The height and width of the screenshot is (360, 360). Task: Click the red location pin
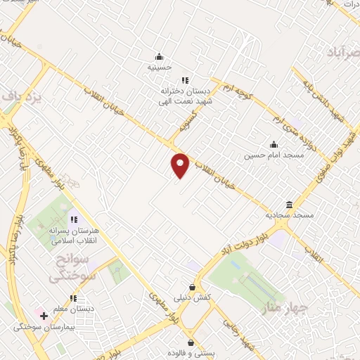pos(181,165)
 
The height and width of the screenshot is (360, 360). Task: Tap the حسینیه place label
pos(159,67)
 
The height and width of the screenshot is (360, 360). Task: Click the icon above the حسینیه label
pos(159,57)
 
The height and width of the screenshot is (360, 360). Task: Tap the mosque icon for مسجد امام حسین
pos(274,144)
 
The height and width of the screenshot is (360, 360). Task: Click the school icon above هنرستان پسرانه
pos(74,219)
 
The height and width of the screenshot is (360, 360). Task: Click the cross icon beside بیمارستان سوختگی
pos(44,316)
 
